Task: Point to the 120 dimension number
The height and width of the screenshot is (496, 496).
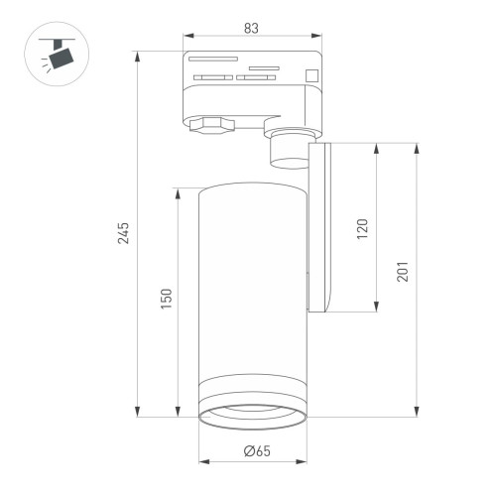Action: [363, 228]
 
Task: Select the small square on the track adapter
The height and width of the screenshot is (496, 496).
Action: [311, 73]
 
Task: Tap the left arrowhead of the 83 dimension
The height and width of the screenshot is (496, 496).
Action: [186, 43]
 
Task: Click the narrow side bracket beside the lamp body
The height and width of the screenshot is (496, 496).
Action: [322, 228]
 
